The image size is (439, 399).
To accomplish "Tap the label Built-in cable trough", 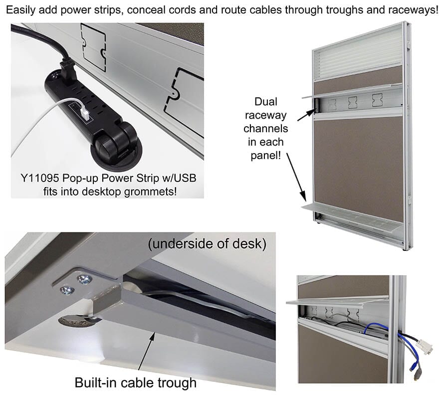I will [x=135, y=383].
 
